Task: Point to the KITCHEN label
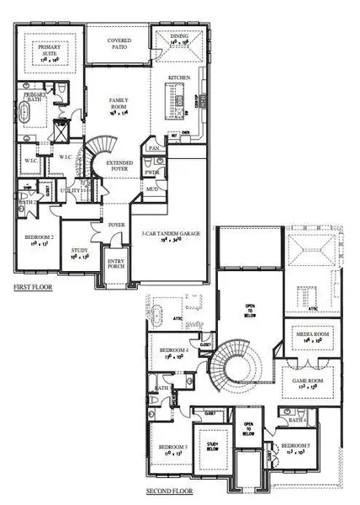click(179, 77)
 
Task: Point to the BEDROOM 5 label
click(294, 447)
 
